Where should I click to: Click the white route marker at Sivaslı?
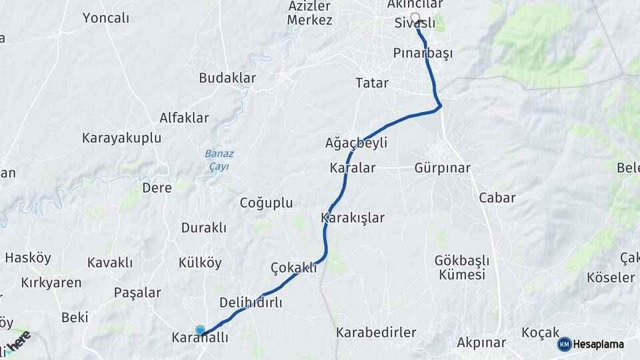coord(415,18)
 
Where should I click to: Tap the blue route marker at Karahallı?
coord(200,330)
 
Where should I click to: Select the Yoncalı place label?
coord(106,18)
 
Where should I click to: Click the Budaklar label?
coord(227,78)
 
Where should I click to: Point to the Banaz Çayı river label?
coord(219,159)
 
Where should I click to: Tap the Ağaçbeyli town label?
coord(356,143)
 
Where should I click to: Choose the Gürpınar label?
coord(442,167)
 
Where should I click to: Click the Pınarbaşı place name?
coord(423,53)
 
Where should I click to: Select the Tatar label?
coord(372,83)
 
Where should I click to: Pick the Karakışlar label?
coord(353,217)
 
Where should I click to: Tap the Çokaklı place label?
coord(294,267)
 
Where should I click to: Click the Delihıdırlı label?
coord(251,303)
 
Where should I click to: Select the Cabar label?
coord(497,197)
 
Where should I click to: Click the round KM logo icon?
coord(565,344)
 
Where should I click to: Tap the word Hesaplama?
coord(599,344)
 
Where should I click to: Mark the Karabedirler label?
coord(376,332)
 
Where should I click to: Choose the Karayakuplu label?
coord(122,138)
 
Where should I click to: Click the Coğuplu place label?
coord(266,203)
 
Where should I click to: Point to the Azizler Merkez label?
coord(310,13)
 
